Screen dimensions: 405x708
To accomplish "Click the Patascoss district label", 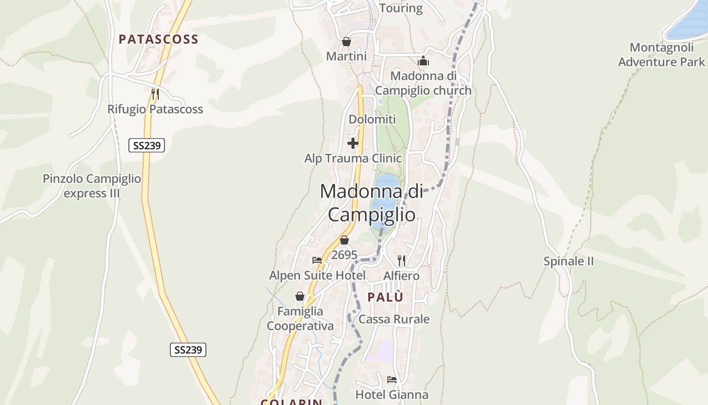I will pyautogui.click(x=158, y=39).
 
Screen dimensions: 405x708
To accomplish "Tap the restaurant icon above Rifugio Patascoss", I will pyautogui.click(x=155, y=94).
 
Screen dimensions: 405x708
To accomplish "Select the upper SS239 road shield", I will pyautogui.click(x=147, y=146).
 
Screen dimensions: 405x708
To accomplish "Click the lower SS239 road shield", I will pyautogui.click(x=188, y=350).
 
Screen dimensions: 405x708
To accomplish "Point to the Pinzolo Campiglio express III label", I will pyautogui.click(x=92, y=186).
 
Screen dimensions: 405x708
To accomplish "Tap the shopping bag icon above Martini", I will pyautogui.click(x=346, y=42).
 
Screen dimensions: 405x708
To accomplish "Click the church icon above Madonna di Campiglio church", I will pyautogui.click(x=423, y=61).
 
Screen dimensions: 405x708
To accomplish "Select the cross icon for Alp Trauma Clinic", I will pyautogui.click(x=353, y=143).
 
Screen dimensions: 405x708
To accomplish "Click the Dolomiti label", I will pyautogui.click(x=372, y=119).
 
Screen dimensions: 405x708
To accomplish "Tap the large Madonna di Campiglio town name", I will pyautogui.click(x=372, y=203).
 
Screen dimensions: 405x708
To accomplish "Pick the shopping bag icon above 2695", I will pyautogui.click(x=344, y=240).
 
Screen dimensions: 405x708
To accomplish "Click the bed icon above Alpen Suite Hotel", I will pyautogui.click(x=317, y=260).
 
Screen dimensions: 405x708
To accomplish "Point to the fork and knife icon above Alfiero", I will pyautogui.click(x=402, y=260).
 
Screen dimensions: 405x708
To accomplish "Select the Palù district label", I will pyautogui.click(x=385, y=297).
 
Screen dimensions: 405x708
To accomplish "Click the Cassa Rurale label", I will pyautogui.click(x=394, y=319).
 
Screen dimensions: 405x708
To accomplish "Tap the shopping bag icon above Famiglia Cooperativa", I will pyautogui.click(x=300, y=296).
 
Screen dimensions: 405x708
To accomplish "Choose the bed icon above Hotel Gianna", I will pyautogui.click(x=392, y=379).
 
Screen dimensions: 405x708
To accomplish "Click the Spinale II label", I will pyautogui.click(x=568, y=262).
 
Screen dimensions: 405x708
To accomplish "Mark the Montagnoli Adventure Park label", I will pyautogui.click(x=661, y=55).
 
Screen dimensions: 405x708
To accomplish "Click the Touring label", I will pyautogui.click(x=401, y=8).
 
